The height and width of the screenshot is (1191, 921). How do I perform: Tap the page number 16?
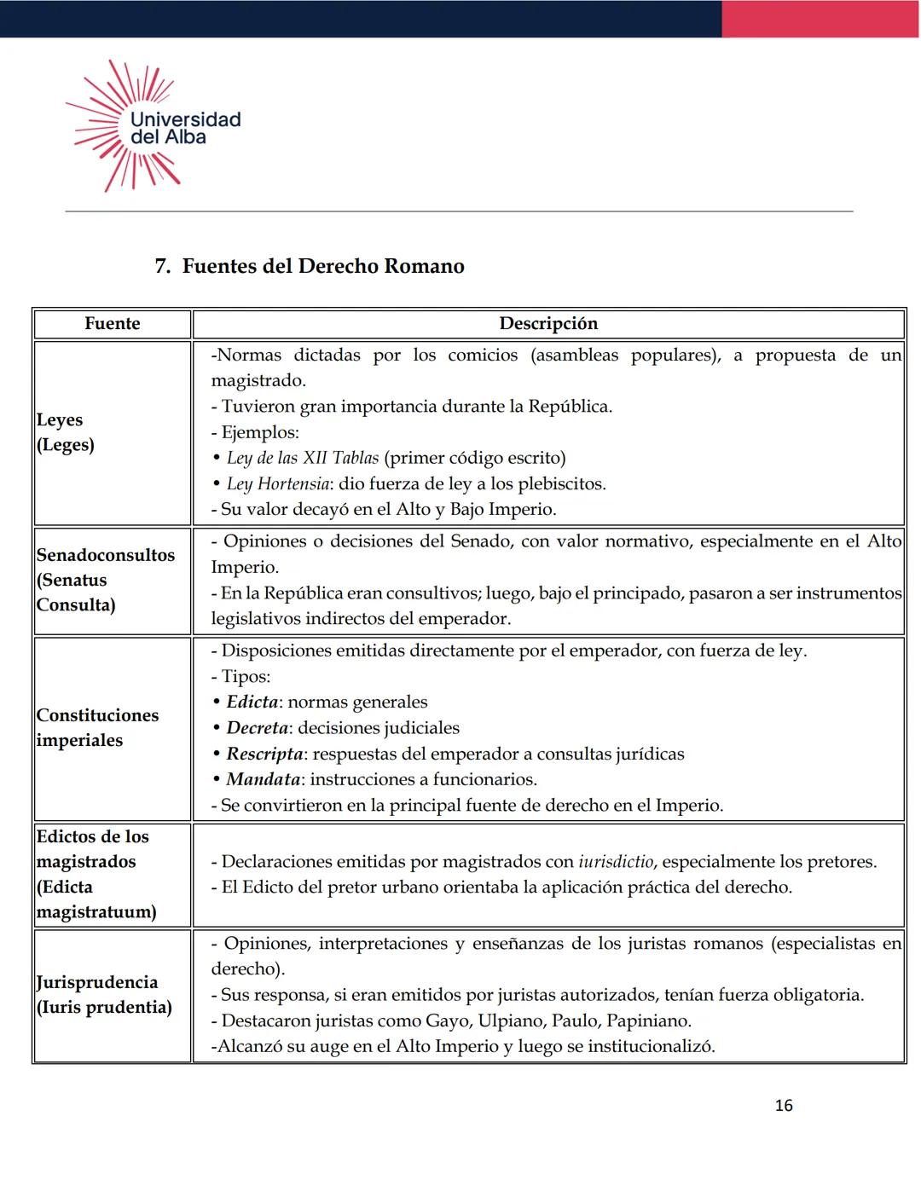tap(783, 1106)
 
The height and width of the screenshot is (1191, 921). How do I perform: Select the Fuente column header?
tap(112, 324)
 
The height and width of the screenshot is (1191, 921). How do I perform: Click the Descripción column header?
tap(548, 324)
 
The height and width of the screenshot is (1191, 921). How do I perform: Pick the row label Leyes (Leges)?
tap(66, 432)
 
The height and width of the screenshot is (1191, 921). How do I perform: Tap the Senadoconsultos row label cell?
tap(105, 580)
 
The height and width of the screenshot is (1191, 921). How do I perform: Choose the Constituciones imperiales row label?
tap(97, 727)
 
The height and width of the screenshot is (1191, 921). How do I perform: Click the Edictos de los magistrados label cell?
tap(96, 874)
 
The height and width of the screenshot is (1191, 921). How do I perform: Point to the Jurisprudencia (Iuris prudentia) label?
tap(104, 994)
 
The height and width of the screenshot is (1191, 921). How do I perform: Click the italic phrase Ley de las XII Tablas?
tap(303, 458)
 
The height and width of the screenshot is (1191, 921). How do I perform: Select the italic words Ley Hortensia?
tap(278, 483)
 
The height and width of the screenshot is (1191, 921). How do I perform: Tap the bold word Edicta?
tap(252, 702)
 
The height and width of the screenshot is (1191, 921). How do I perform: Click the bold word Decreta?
tap(257, 727)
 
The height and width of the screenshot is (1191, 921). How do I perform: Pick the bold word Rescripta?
tap(264, 754)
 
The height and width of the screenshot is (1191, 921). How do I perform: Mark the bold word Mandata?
tap(263, 779)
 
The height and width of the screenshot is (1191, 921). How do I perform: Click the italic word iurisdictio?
tap(615, 862)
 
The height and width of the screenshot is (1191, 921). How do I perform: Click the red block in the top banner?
tap(820, 19)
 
